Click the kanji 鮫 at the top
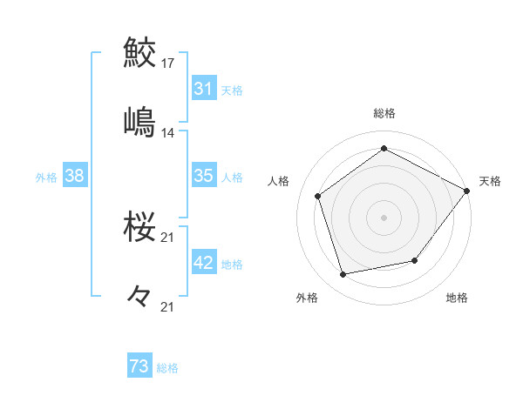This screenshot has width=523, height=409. (x=139, y=53)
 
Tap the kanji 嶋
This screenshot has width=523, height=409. (x=139, y=121)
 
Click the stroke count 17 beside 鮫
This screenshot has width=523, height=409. (x=168, y=64)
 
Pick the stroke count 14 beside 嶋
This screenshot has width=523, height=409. (x=168, y=133)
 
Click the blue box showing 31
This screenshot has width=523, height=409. (x=203, y=89)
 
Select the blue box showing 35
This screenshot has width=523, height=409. (x=203, y=176)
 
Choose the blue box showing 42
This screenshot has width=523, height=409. (x=203, y=263)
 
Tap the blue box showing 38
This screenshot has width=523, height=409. (x=74, y=176)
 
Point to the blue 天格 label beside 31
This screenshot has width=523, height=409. (x=232, y=90)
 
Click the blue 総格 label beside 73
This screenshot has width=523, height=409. (x=167, y=368)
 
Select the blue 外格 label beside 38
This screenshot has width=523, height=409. (x=46, y=177)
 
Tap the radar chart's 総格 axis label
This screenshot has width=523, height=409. (x=384, y=113)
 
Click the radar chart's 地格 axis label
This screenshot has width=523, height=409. (x=457, y=298)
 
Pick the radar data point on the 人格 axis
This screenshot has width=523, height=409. (x=318, y=197)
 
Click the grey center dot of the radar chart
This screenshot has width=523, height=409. (x=384, y=217)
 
